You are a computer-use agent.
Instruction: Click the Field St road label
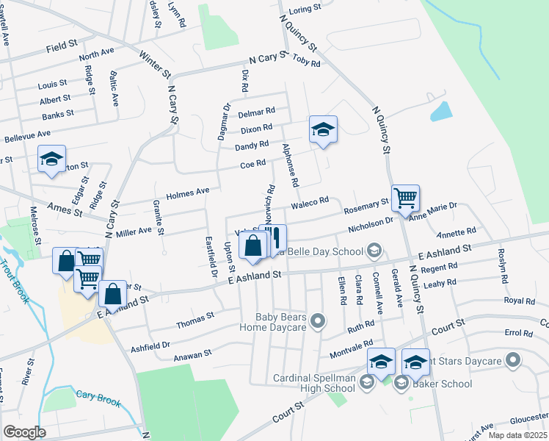click(61, 46)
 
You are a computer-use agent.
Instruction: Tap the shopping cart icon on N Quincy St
click(405, 198)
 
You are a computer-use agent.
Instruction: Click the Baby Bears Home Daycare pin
click(318, 320)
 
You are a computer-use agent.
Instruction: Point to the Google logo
click(24, 432)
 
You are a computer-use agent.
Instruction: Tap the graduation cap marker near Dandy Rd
click(323, 130)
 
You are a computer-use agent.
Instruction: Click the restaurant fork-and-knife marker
click(276, 239)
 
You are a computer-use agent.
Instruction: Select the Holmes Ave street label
click(188, 192)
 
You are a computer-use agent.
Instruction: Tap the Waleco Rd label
click(310, 204)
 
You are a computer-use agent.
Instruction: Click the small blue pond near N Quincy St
click(441, 111)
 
